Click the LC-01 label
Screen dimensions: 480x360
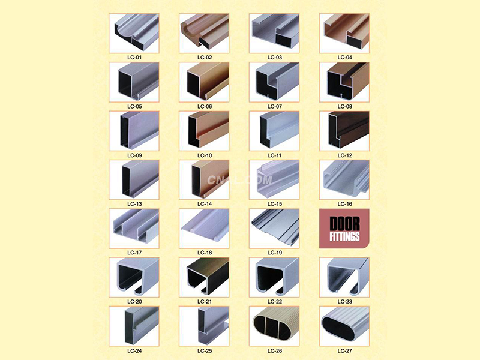pos(134,57)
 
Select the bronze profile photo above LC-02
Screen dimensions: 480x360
pos(204,34)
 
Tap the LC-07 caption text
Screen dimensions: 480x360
pos(275,106)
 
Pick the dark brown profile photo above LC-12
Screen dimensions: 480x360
pos(344,131)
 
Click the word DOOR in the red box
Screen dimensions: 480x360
pos(344,224)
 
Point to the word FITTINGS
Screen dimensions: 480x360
pos(344,236)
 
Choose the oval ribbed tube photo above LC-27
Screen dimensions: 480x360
pos(344,326)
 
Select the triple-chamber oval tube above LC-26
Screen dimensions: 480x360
pos(274,326)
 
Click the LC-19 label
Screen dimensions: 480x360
pos(275,253)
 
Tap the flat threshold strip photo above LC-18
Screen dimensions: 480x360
pos(204,229)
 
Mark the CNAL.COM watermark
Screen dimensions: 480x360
pos(239,180)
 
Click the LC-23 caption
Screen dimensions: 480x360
pos(344,302)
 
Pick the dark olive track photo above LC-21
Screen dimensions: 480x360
pos(204,277)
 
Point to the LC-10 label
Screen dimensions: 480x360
pos(205,155)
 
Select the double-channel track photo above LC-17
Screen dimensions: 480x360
pos(134,229)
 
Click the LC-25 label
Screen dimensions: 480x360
pos(205,351)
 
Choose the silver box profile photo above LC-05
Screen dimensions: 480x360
pos(134,82)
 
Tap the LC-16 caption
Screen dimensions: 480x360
pos(344,204)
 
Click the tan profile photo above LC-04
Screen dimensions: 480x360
pos(344,34)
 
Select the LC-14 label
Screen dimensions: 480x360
pos(205,204)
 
